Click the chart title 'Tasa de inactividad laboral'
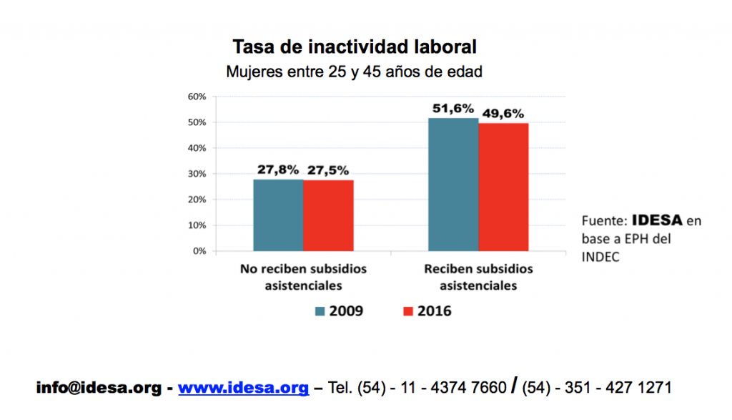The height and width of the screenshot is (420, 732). click(354, 48)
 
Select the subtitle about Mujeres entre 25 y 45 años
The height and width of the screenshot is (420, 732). click(354, 72)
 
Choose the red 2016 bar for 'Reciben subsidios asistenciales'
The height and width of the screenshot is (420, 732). click(503, 187)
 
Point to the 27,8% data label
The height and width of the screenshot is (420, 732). click(279, 170)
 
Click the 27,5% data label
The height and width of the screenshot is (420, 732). click(329, 170)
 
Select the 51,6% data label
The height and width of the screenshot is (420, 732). click(453, 109)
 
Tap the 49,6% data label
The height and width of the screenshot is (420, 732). click(503, 113)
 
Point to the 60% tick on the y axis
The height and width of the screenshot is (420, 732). click(197, 97)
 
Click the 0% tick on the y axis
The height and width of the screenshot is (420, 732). click(199, 251)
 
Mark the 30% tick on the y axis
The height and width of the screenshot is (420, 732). click(197, 174)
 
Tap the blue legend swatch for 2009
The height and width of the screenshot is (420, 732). click(320, 311)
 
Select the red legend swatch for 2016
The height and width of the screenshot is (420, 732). click(409, 311)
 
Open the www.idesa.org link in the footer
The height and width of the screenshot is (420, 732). click(244, 389)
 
